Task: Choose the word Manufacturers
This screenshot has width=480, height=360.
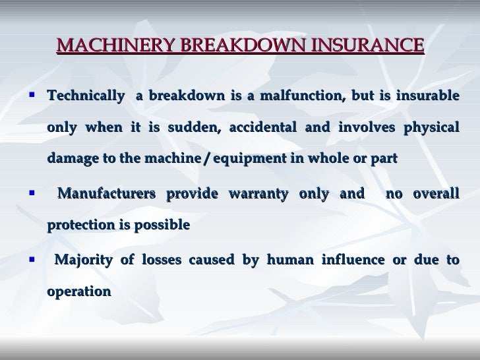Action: pyautogui.click(x=106, y=194)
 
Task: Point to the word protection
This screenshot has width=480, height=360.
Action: pyautogui.click(x=81, y=225)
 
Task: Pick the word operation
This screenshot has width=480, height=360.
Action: pyautogui.click(x=78, y=291)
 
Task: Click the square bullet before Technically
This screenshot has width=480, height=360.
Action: pyautogui.click(x=31, y=95)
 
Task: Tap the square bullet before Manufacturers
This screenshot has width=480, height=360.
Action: pyautogui.click(x=31, y=193)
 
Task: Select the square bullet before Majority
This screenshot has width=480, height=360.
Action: pyautogui.click(x=31, y=259)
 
